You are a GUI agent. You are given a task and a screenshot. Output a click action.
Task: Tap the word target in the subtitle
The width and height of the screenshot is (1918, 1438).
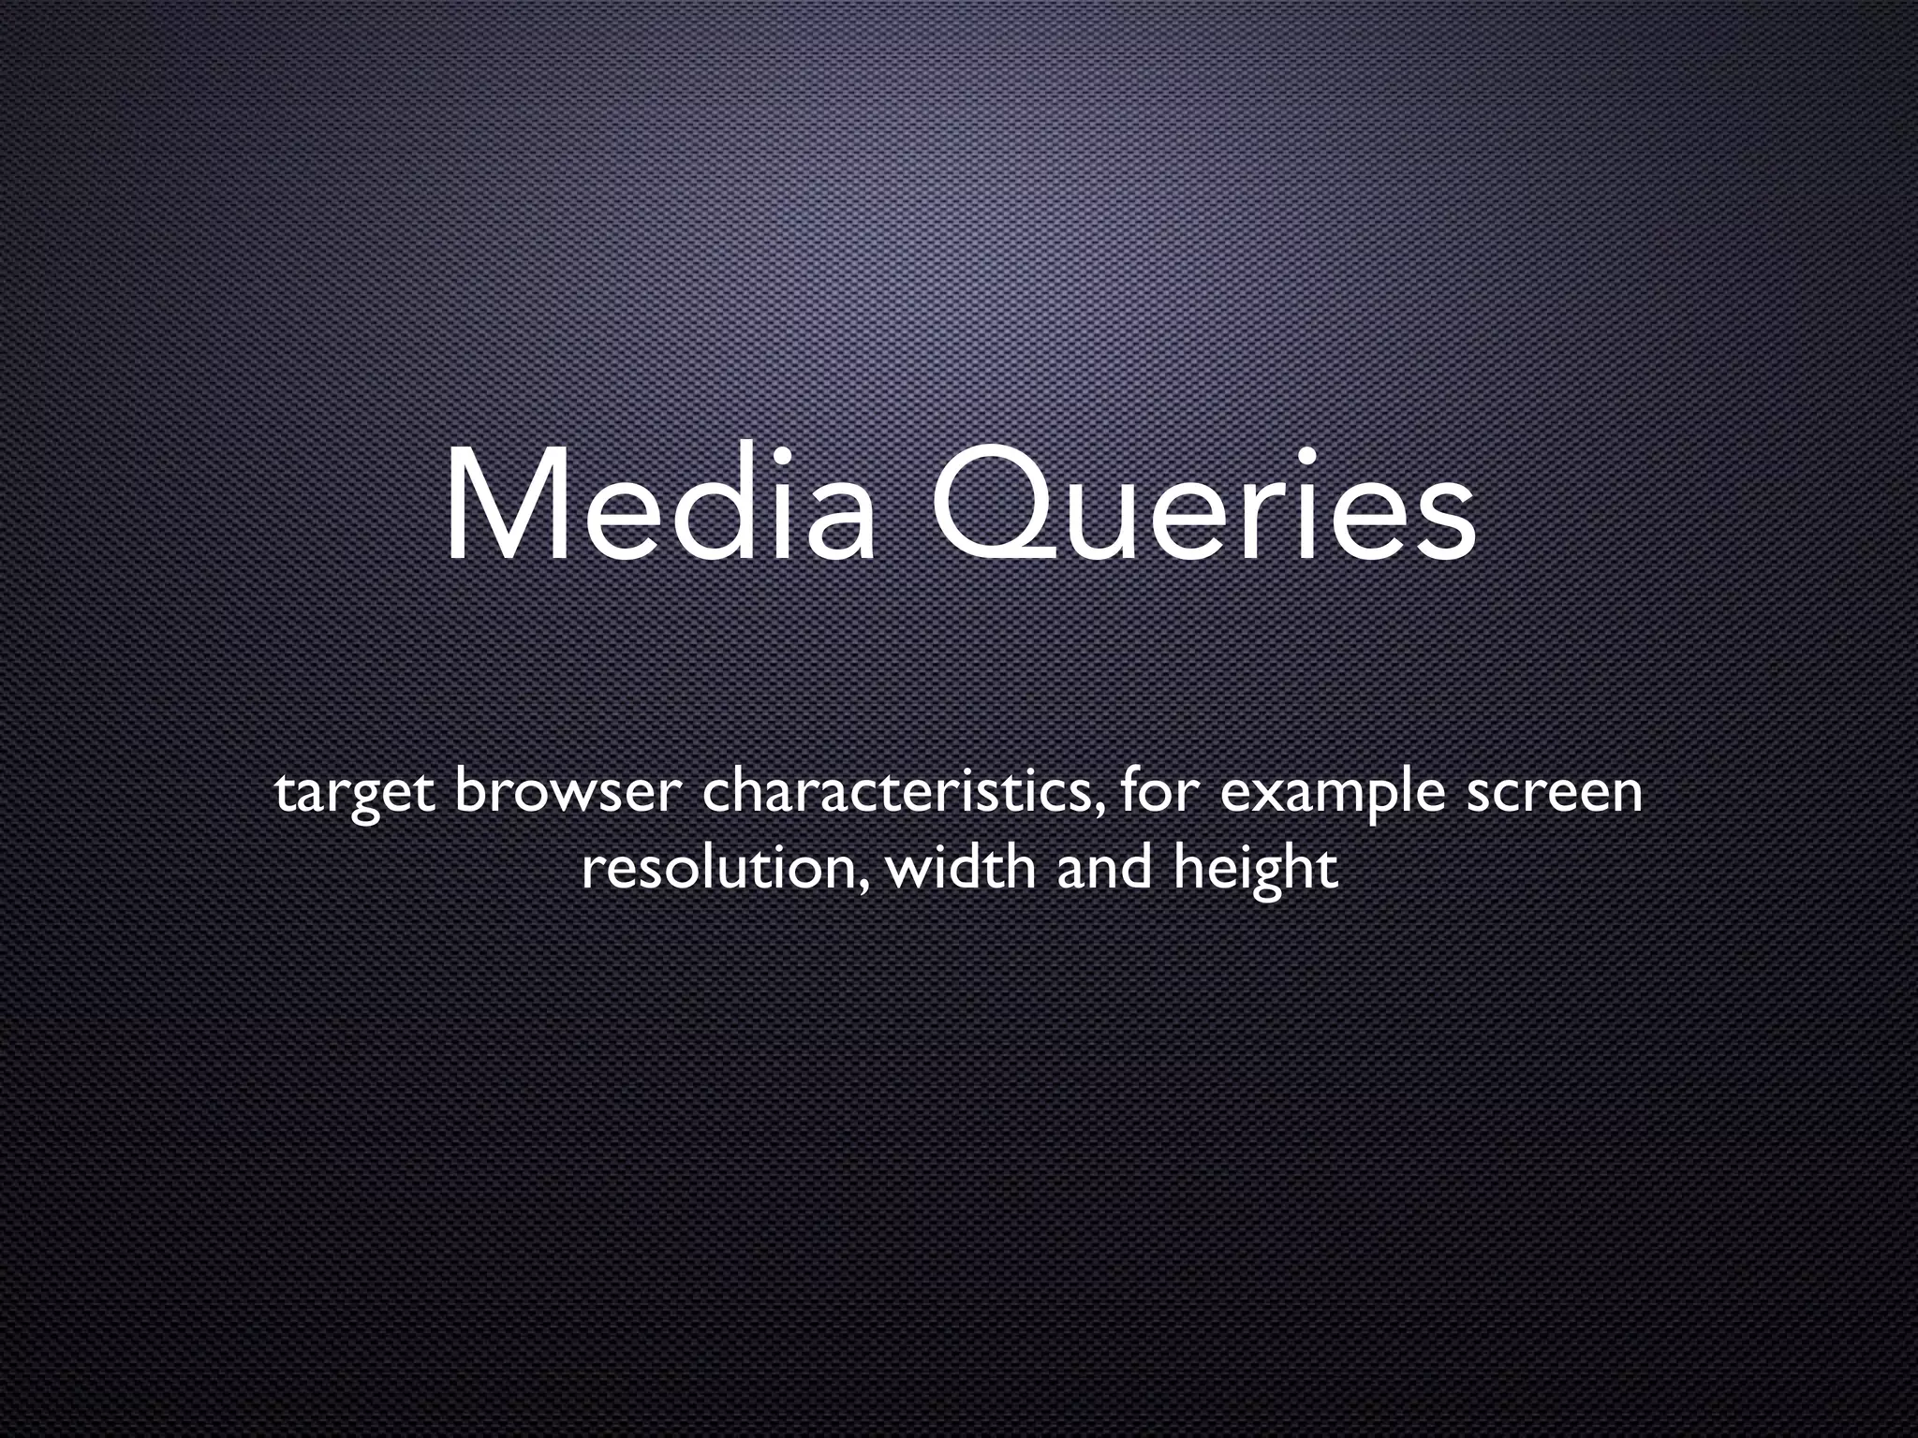point(354,793)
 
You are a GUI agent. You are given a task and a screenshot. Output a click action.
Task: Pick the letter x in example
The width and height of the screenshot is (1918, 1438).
point(1267,795)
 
